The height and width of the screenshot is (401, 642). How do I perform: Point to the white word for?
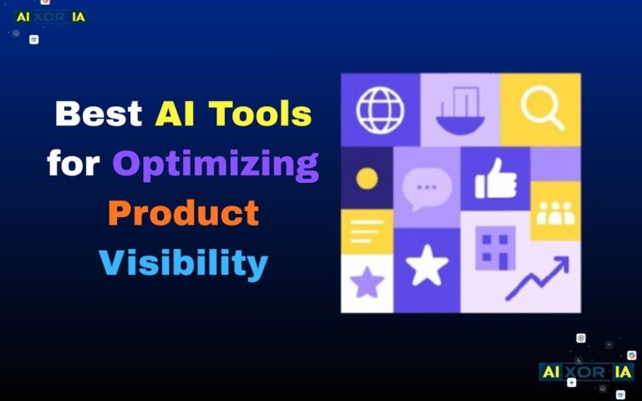point(74,163)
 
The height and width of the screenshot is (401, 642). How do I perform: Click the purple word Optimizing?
point(216,165)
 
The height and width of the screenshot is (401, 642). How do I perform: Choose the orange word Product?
point(183,213)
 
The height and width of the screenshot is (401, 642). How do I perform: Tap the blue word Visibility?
point(183,262)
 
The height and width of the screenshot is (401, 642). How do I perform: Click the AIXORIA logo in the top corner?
point(50,17)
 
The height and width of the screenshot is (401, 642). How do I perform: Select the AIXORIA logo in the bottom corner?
point(587,371)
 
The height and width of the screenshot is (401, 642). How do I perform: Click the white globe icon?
point(380,109)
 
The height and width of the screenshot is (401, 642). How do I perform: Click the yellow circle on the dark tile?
point(366,178)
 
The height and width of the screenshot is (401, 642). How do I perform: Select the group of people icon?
point(555,212)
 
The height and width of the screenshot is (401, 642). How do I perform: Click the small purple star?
point(366,282)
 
